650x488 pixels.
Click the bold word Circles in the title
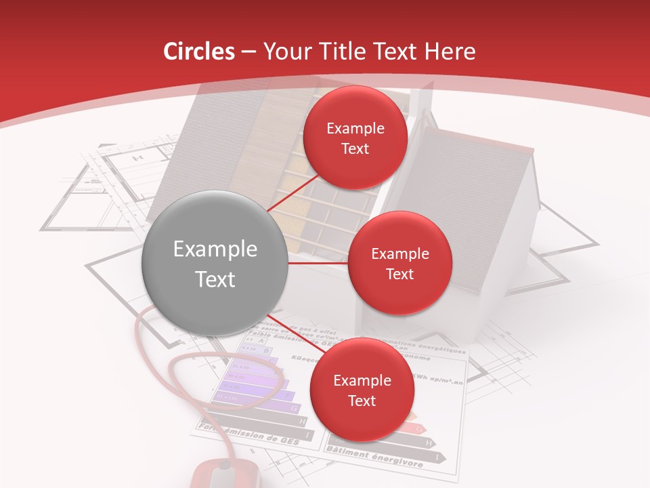click(199, 52)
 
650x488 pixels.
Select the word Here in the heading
click(450, 52)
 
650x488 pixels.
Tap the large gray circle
click(215, 263)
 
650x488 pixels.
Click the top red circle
click(355, 138)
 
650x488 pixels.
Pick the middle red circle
click(399, 263)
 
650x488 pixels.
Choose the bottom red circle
click(362, 390)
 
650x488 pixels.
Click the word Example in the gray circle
click(215, 249)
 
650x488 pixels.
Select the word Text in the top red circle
click(355, 148)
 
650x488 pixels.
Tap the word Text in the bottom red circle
click(362, 401)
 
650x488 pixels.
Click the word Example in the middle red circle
click(399, 254)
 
